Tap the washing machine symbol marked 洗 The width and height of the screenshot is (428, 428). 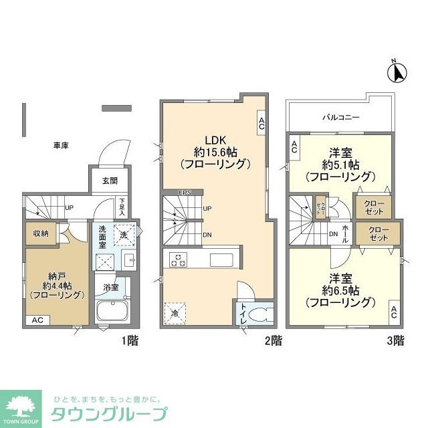[x=122, y=234]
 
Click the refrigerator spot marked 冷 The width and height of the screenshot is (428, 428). [x=176, y=311]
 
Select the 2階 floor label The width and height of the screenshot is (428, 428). [x=272, y=340]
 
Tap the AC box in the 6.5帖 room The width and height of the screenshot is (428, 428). [x=394, y=311]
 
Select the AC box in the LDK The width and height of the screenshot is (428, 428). [x=261, y=122]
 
